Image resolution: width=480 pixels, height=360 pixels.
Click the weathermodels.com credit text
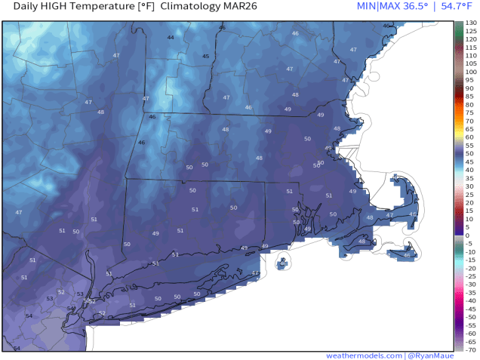364,355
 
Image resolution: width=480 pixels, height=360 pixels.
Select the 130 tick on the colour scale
470,23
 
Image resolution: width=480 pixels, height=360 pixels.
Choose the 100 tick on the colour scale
470,72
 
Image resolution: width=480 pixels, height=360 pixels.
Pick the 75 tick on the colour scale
469,113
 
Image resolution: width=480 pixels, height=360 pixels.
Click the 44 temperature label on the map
171,37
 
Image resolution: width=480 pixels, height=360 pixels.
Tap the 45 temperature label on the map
205,56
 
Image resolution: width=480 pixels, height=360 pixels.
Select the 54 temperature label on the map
29,315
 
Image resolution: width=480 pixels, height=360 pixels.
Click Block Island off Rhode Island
282,263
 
